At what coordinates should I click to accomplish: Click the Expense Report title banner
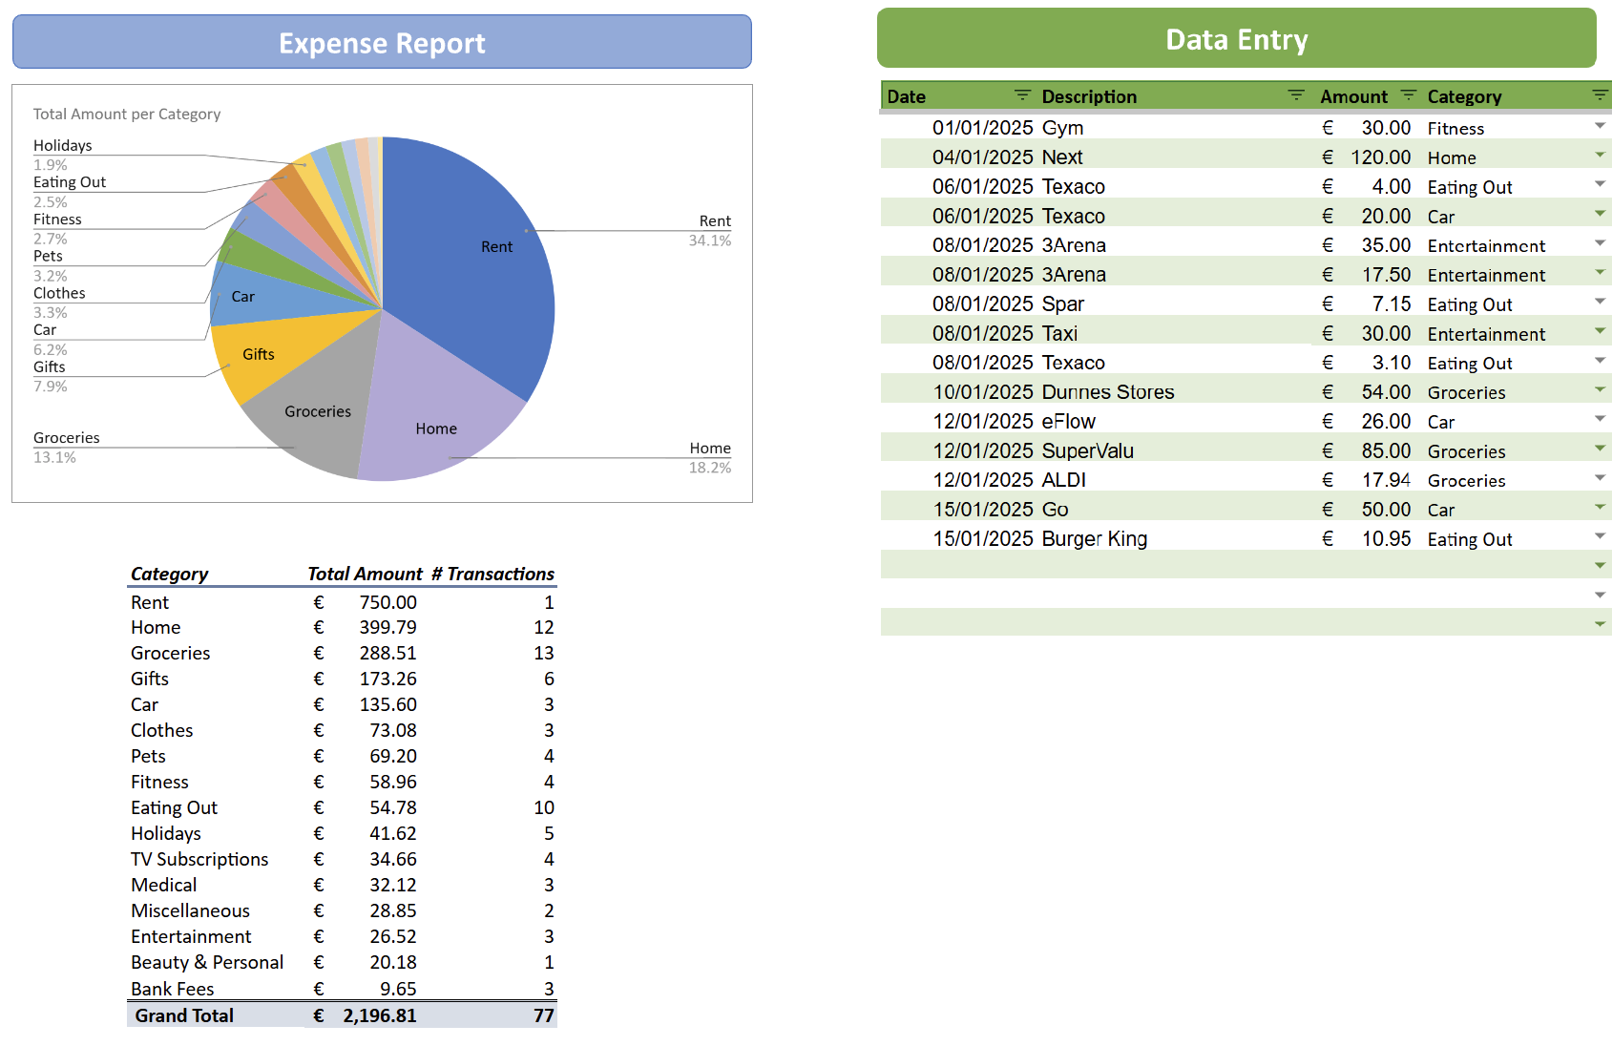[x=382, y=43]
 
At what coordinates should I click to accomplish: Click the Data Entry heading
[x=1236, y=39]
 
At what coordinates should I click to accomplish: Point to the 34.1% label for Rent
[x=710, y=241]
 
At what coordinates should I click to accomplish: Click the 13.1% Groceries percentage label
[x=54, y=457]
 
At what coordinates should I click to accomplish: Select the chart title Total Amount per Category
[x=127, y=114]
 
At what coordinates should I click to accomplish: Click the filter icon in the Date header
[x=1022, y=94]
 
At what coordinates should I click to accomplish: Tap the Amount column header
[x=1352, y=96]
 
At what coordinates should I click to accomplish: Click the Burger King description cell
[x=1094, y=538]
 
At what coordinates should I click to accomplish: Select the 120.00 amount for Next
[x=1380, y=157]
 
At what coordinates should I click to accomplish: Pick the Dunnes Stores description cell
[x=1107, y=391]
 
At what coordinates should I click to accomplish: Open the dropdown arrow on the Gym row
[x=1600, y=126]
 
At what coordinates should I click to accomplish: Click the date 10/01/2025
[x=982, y=391]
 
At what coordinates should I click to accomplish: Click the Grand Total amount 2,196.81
[x=379, y=1015]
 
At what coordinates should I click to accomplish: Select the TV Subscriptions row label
[x=199, y=859]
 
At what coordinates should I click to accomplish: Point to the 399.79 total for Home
[x=387, y=627]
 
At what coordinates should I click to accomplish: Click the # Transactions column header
[x=492, y=574]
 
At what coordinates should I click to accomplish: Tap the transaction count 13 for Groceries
[x=543, y=653]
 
